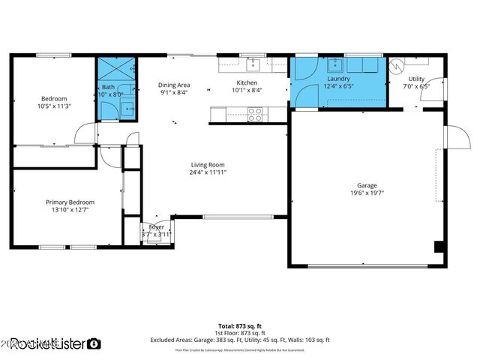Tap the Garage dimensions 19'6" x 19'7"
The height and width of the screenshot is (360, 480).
[367, 193]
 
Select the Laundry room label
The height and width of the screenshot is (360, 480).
[338, 79]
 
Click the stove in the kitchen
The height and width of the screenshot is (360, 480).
[256, 114]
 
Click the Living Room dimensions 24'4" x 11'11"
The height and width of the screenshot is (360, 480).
[208, 172]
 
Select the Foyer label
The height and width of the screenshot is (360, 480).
[157, 226]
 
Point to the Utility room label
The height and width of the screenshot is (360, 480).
[416, 79]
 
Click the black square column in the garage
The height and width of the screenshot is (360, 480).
[439, 247]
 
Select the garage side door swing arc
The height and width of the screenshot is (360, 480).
[454, 136]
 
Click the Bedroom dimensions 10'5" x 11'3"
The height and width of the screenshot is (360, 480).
[54, 106]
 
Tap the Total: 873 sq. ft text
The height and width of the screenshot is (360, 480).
[240, 325]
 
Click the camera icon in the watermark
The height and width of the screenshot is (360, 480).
[94, 343]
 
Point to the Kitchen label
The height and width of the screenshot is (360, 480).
[247, 82]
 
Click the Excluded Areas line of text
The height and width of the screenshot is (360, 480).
[240, 340]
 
